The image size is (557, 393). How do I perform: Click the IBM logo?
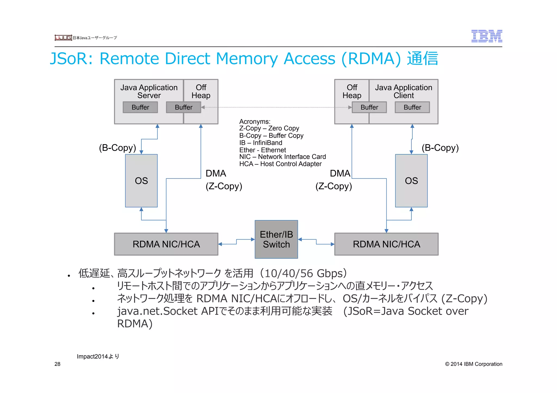[x=487, y=36]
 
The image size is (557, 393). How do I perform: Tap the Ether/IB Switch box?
[x=276, y=239]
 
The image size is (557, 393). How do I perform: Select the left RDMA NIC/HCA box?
[x=166, y=244]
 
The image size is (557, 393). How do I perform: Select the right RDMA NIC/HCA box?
[x=386, y=244]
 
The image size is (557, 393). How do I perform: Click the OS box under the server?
[x=141, y=181]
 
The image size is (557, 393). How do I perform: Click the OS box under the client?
[x=411, y=181]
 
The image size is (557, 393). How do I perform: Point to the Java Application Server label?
[x=149, y=91]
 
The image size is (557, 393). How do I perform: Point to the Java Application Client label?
[x=403, y=91]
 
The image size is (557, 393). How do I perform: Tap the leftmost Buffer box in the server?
[x=140, y=107]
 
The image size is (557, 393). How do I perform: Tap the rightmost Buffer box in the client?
[x=412, y=107]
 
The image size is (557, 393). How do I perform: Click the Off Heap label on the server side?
[x=201, y=91]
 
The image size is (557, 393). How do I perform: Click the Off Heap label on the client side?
[x=352, y=91]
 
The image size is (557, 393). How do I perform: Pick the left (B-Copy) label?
[x=117, y=148]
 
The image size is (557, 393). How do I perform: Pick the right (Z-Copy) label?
[x=333, y=186]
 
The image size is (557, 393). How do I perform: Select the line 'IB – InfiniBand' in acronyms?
[x=261, y=143]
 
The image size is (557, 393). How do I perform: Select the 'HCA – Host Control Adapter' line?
[x=280, y=164]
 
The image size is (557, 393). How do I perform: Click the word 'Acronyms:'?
[x=255, y=121]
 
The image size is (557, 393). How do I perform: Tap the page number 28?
[x=57, y=364]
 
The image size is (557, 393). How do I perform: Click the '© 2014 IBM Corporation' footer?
[x=473, y=364]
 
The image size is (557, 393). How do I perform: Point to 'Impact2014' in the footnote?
[x=92, y=356]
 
